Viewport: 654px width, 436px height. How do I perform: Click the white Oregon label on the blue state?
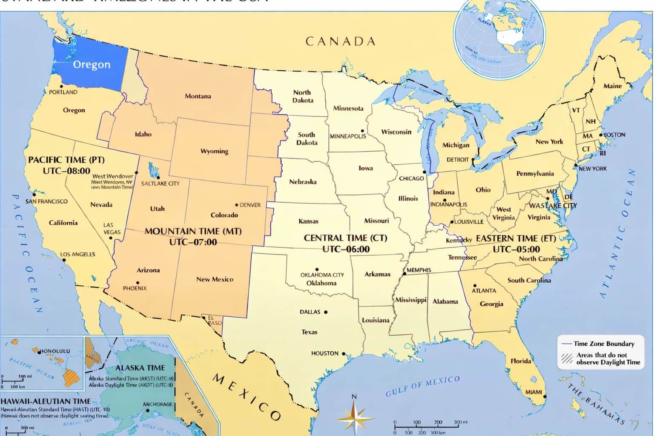tap(92, 65)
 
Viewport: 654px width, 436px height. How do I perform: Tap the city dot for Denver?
tap(237, 205)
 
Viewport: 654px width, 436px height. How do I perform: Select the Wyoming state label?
tap(214, 151)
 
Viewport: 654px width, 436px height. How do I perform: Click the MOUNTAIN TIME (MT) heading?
tap(193, 231)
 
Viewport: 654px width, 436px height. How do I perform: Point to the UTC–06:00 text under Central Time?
tap(346, 250)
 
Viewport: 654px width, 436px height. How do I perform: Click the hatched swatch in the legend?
tap(567, 359)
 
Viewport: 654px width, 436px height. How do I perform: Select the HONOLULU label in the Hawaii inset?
tap(55, 351)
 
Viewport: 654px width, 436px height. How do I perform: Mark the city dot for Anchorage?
tap(148, 410)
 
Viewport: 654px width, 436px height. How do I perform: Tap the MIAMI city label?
tap(534, 392)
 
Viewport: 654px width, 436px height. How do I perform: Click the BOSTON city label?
tap(614, 135)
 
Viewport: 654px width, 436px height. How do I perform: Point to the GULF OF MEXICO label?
tap(423, 386)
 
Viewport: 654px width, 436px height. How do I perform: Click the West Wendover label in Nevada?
tap(113, 176)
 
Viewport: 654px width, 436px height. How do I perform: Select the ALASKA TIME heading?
tap(140, 368)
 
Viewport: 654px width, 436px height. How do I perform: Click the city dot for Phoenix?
tap(138, 283)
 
